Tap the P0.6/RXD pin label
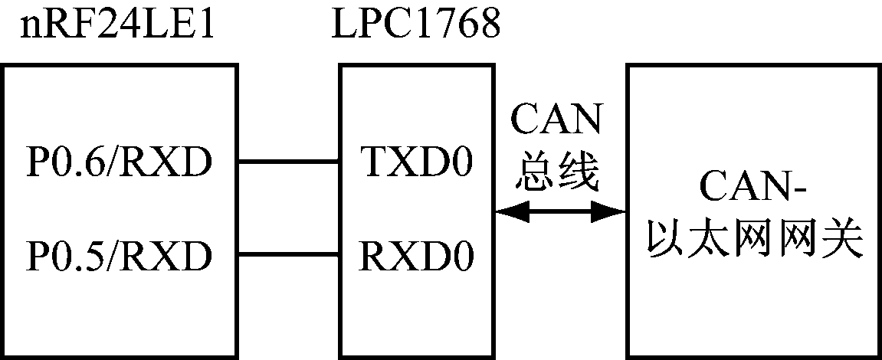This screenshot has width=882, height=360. coord(119,162)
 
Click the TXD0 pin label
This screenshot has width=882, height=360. coord(415,162)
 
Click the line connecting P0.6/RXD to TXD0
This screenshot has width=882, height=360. coord(289,162)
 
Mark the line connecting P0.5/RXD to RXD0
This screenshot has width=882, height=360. coord(289,254)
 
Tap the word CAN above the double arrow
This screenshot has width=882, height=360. coord(558,123)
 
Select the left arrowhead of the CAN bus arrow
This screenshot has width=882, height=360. coord(507,212)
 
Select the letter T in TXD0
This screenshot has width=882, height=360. coord(371,162)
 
